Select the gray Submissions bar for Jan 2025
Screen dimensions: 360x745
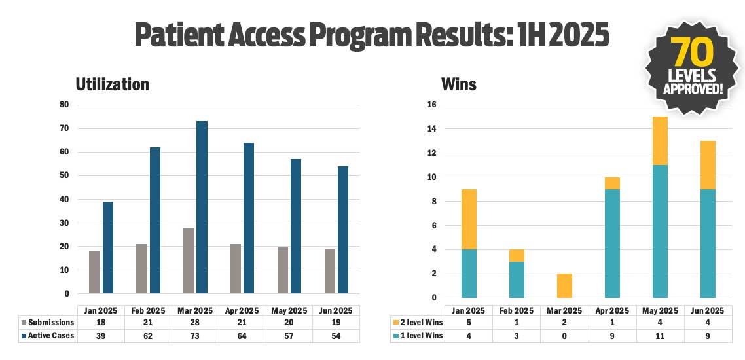point(94,272)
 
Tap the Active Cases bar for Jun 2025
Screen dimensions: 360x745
point(343,230)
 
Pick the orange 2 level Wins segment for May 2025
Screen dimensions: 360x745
point(659,141)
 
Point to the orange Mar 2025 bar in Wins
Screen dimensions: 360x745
point(564,286)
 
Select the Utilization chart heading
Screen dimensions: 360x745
point(112,84)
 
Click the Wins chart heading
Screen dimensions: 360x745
point(459,84)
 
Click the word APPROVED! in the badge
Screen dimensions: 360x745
point(693,88)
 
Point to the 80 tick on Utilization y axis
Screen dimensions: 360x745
point(64,105)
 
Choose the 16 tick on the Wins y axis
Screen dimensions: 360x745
point(431,105)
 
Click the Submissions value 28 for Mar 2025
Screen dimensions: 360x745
point(194,323)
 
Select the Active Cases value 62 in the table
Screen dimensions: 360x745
point(147,336)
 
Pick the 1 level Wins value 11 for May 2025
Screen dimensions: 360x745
point(659,336)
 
